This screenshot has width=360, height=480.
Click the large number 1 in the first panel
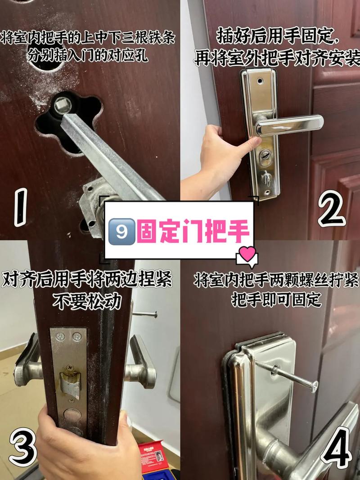coord(21,207)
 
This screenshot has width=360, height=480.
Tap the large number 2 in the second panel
coord(332,208)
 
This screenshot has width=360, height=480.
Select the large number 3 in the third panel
coord(23,447)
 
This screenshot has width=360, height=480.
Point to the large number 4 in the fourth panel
coord(336,447)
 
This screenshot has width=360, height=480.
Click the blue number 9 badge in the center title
coord(121,231)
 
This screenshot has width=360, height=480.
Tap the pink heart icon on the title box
coord(247,254)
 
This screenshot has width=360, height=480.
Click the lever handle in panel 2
coord(289,125)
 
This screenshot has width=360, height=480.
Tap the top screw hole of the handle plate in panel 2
coord(260,81)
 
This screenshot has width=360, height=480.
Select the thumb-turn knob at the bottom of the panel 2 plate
coord(265,178)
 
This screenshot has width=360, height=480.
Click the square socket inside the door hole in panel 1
coord(63,105)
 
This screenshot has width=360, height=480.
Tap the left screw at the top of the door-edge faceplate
coord(60,337)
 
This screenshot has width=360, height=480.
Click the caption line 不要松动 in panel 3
coord(87,302)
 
